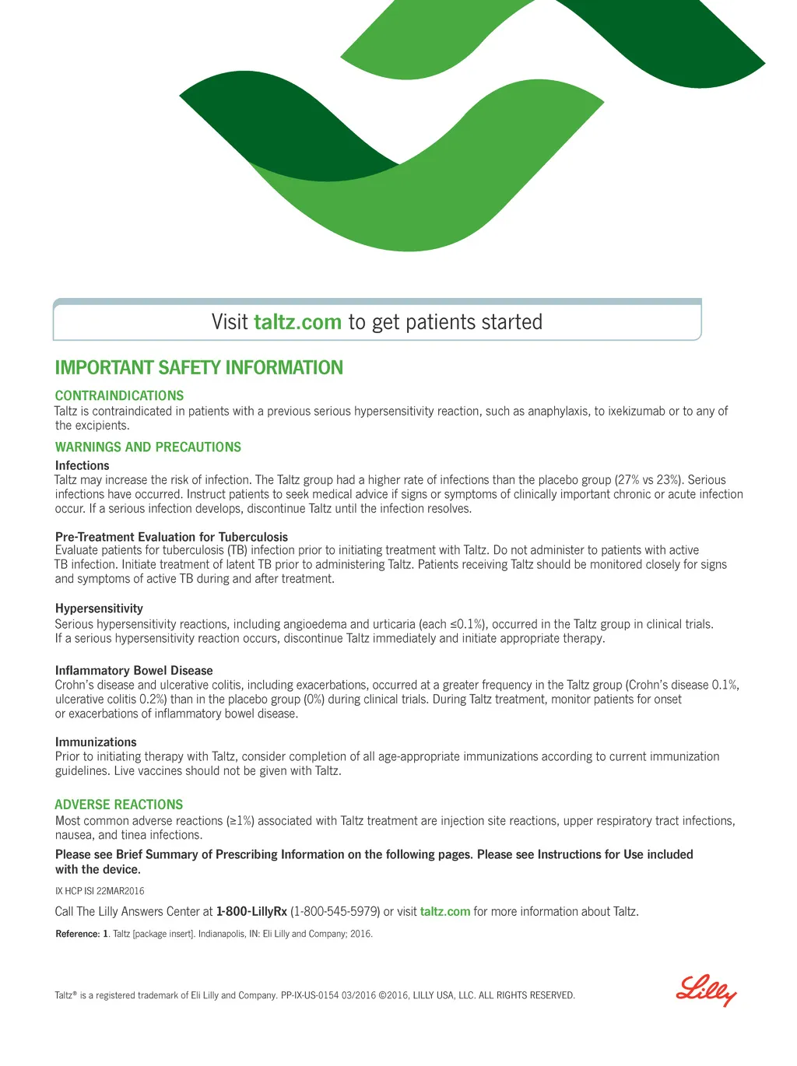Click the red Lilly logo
pyautogui.click(x=706, y=990)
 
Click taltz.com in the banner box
pyautogui.click(x=297, y=322)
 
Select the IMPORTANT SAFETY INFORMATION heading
pyautogui.click(x=198, y=368)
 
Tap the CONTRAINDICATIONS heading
pyautogui.click(x=119, y=395)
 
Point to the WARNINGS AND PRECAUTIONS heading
pyautogui.click(x=148, y=447)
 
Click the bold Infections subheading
pyautogui.click(x=82, y=465)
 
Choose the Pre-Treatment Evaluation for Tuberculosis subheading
pyautogui.click(x=171, y=537)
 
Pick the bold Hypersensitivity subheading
pyautogui.click(x=99, y=608)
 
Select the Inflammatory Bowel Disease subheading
pyautogui.click(x=134, y=671)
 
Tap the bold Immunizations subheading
pyautogui.click(x=96, y=742)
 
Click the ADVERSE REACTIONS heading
pyautogui.click(x=118, y=805)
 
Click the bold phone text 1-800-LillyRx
pyautogui.click(x=251, y=911)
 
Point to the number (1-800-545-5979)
pyautogui.click(x=335, y=911)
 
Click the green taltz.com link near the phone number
pyautogui.click(x=445, y=911)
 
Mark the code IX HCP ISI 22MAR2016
pyautogui.click(x=100, y=891)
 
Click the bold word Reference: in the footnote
pyautogui.click(x=77, y=934)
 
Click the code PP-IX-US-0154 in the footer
pyautogui.click(x=310, y=995)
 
